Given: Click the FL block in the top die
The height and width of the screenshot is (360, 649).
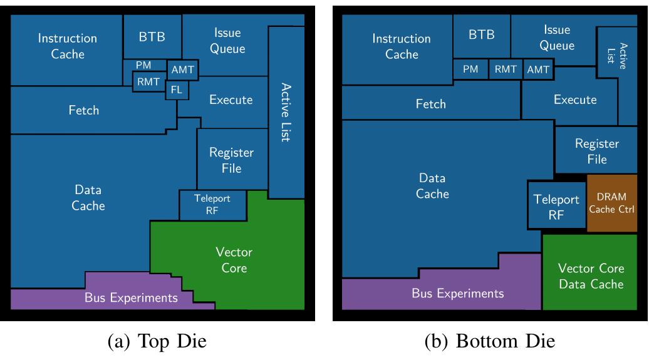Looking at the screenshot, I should click(177, 90).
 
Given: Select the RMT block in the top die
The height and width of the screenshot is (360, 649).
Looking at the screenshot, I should click(148, 81).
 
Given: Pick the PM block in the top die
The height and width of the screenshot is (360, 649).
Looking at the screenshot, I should click(143, 65).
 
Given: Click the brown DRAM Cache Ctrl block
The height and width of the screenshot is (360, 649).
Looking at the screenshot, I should click(611, 203).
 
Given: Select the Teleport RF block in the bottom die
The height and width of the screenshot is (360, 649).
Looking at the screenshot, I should click(556, 207).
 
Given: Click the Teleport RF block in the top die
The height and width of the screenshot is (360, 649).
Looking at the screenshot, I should click(212, 205).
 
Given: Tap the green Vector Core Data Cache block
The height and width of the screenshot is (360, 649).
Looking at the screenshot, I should click(591, 276).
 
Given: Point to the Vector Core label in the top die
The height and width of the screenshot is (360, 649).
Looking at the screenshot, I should click(234, 260).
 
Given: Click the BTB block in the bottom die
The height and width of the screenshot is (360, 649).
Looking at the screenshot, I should click(481, 35).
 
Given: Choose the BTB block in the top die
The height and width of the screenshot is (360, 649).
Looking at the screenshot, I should click(152, 36).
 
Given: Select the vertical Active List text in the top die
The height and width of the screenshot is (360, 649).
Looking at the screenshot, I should click(286, 112).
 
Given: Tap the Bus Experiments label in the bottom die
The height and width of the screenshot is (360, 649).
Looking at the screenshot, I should click(457, 293).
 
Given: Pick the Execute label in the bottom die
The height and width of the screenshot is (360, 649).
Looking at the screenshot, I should click(575, 100).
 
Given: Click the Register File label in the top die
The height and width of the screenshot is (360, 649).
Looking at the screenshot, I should click(231, 160).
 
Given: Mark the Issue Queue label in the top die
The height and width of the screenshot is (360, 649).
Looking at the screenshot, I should click(227, 41).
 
